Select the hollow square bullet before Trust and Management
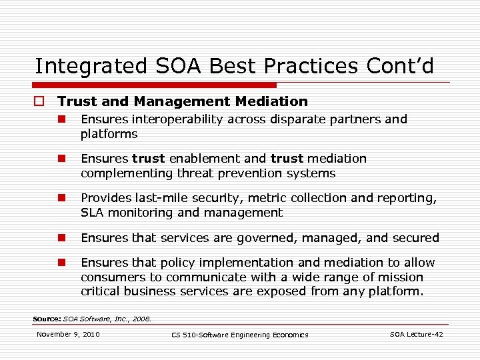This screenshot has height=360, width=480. (39, 102)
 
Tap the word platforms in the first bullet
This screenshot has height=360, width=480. (109, 134)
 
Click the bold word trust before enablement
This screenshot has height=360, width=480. (149, 159)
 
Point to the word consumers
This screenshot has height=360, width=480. (111, 277)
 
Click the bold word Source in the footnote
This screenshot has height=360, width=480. (47, 319)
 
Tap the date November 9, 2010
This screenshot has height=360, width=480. (68, 334)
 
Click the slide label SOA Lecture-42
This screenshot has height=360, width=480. (416, 334)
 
